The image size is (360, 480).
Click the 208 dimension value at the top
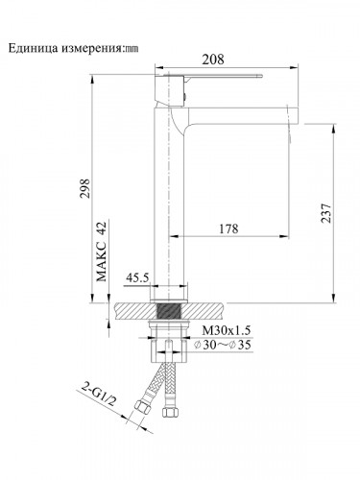212,59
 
